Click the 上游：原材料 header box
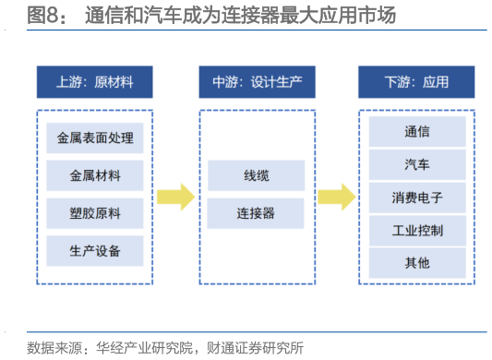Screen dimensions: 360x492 pyautogui.click(x=95, y=82)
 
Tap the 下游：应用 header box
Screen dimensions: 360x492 pyautogui.click(x=416, y=82)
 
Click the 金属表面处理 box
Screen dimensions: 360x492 pyautogui.click(x=95, y=138)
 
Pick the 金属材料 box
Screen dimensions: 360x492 pyautogui.click(x=95, y=175)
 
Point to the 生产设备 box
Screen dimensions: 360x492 pyautogui.click(x=95, y=250)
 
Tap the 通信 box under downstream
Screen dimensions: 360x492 pyautogui.click(x=416, y=132)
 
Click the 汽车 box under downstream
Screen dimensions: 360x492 pyautogui.click(x=416, y=164)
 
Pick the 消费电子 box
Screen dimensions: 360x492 pyautogui.click(x=416, y=197)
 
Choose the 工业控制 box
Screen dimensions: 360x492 pyautogui.click(x=416, y=229)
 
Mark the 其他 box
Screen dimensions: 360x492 pyautogui.click(x=416, y=262)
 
